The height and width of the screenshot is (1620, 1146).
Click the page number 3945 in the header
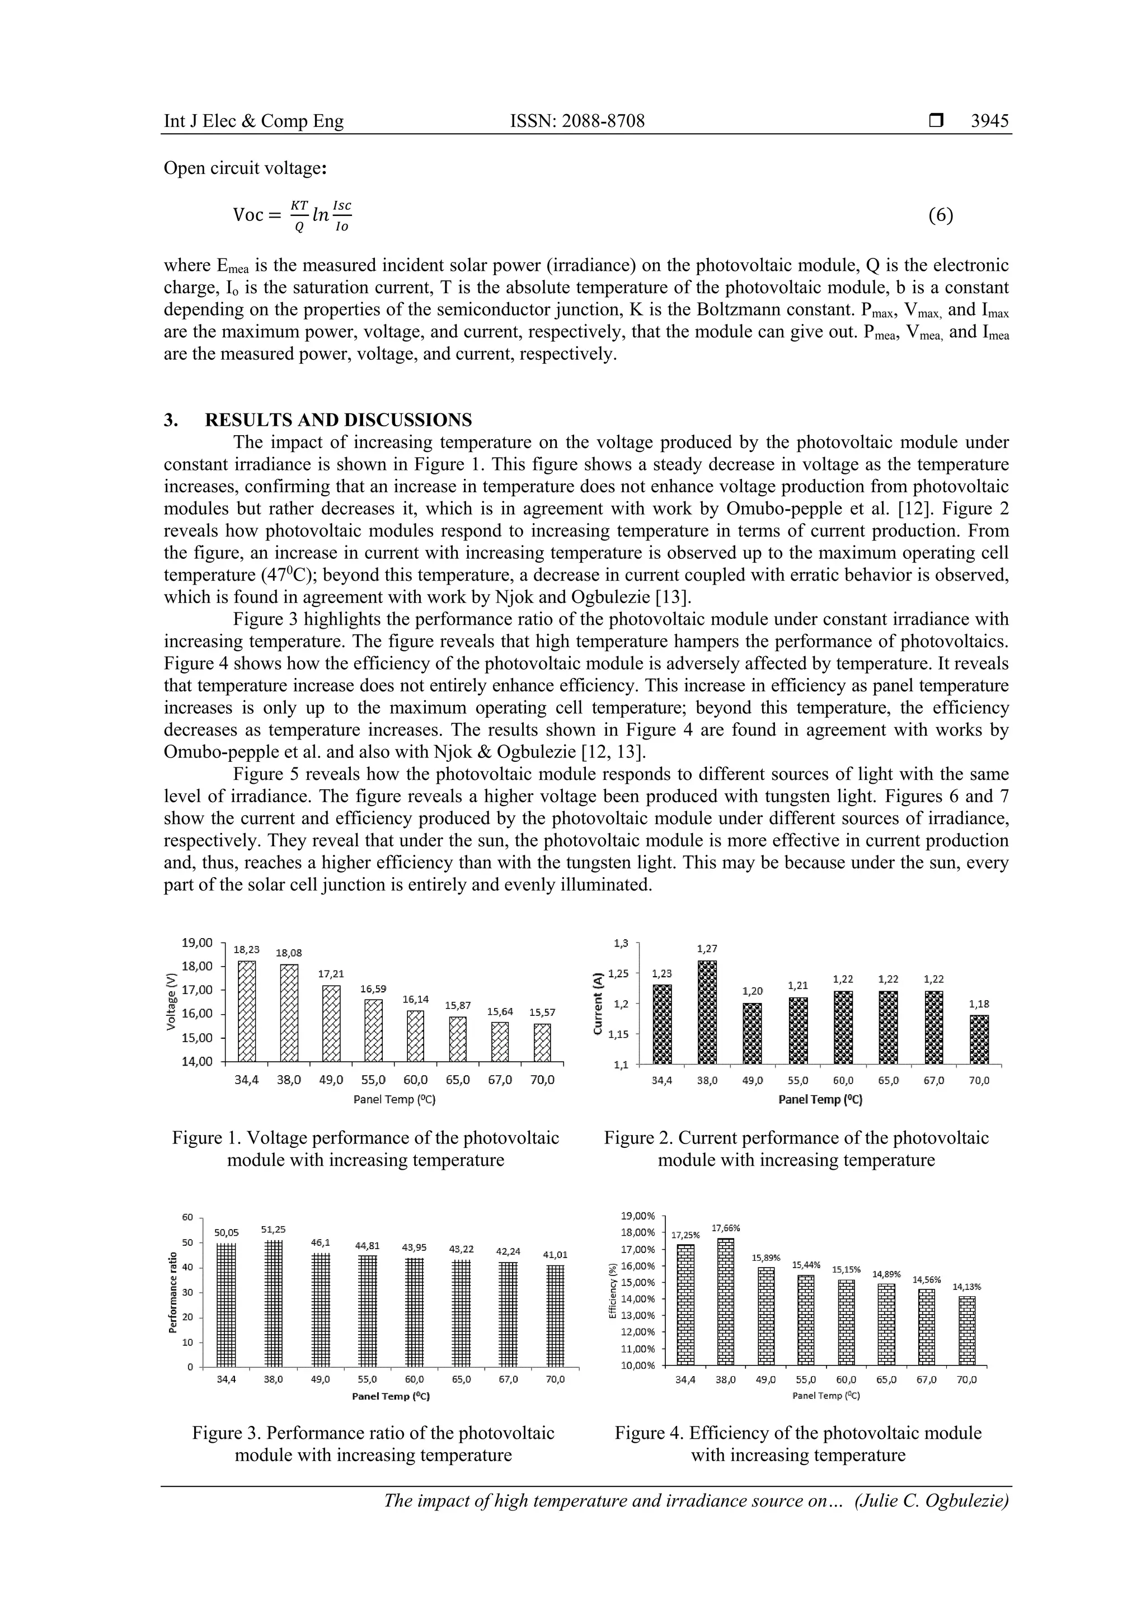[x=989, y=121]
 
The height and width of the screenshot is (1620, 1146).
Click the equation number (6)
[x=941, y=215]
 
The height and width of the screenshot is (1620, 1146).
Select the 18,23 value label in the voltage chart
[x=246, y=950]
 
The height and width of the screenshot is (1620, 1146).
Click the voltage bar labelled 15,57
[x=542, y=1042]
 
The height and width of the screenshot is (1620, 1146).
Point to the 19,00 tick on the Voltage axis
[x=197, y=943]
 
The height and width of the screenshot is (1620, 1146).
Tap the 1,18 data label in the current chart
[x=979, y=1004]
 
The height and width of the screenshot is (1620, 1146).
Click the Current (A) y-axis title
[x=598, y=1005]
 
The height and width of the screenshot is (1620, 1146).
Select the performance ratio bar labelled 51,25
[x=273, y=1303]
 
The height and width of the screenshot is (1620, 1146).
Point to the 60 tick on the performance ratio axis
[x=187, y=1218]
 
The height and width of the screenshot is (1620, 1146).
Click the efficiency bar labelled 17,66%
[x=725, y=1302]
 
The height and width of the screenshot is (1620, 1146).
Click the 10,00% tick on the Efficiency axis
[x=638, y=1366]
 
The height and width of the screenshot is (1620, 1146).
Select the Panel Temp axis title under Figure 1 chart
[x=394, y=1099]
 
